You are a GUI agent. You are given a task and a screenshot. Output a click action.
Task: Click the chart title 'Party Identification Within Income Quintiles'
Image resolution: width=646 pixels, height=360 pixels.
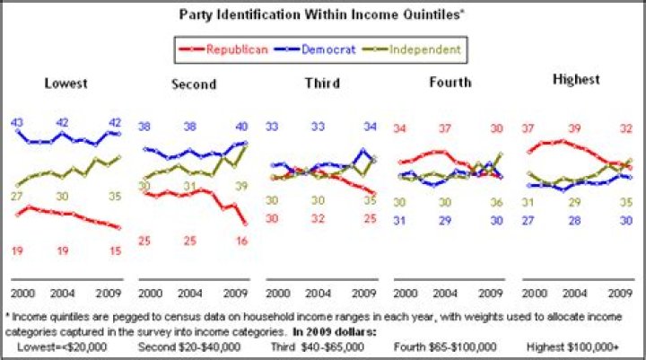322,15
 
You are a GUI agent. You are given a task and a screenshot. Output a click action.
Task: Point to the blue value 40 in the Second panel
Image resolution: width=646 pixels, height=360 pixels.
241,127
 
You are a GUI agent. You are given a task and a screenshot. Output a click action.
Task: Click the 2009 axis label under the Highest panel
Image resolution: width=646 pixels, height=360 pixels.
621,294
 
